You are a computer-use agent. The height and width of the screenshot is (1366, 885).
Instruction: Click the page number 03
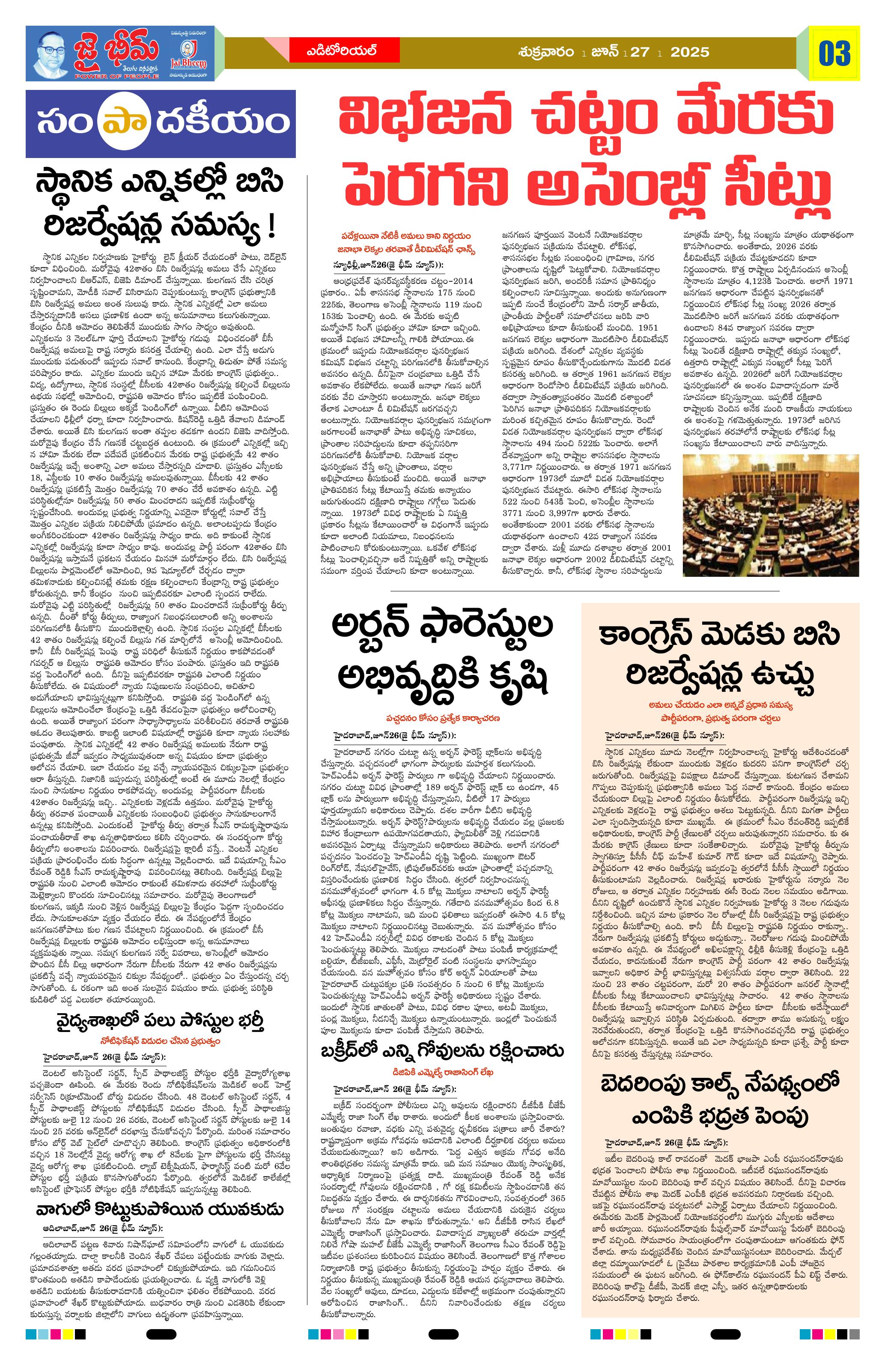coord(834,54)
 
